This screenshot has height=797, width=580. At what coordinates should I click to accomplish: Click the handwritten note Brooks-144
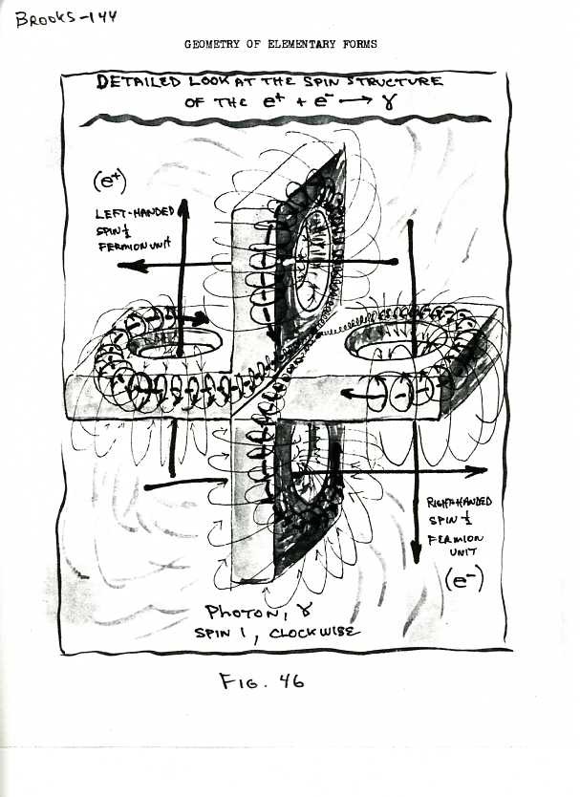point(66,18)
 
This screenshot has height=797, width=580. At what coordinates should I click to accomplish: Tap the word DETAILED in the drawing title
point(139,81)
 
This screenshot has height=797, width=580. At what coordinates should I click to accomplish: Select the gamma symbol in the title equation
point(389,101)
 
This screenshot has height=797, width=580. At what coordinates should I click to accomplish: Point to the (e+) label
point(110,181)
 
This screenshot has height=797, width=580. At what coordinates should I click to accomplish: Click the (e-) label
point(463,579)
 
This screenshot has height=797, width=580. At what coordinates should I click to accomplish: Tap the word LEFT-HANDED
point(135,211)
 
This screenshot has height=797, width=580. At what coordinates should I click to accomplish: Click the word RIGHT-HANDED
point(459,503)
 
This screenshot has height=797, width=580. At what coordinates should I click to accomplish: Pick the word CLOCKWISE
point(314,633)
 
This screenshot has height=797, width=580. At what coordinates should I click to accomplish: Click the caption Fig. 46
point(262,680)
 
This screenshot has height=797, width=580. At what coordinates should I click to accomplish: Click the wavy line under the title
point(285,120)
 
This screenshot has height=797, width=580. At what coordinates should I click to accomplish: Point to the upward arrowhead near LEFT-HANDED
point(183,207)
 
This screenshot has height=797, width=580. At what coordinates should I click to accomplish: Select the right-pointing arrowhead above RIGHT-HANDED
point(476,471)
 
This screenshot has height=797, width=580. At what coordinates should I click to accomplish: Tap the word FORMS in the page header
point(360,44)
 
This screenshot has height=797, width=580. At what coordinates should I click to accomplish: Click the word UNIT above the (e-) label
point(463,551)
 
